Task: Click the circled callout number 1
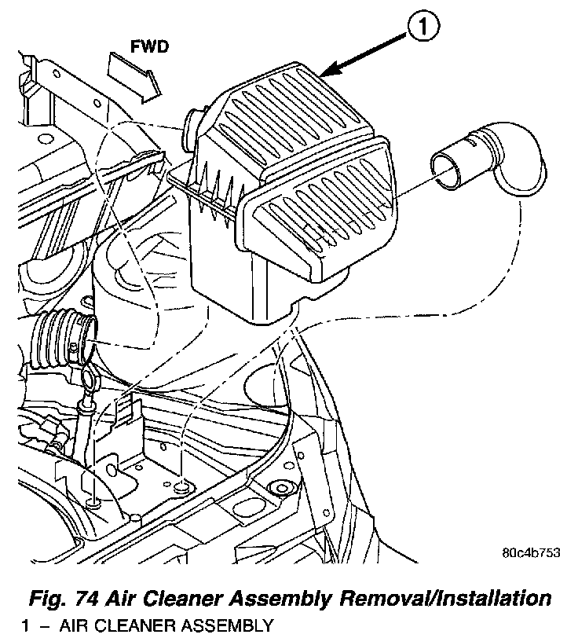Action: pyautogui.click(x=422, y=30)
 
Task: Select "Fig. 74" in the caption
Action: pyautogui.click(x=57, y=598)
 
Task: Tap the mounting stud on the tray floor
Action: pyautogui.click(x=183, y=489)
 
